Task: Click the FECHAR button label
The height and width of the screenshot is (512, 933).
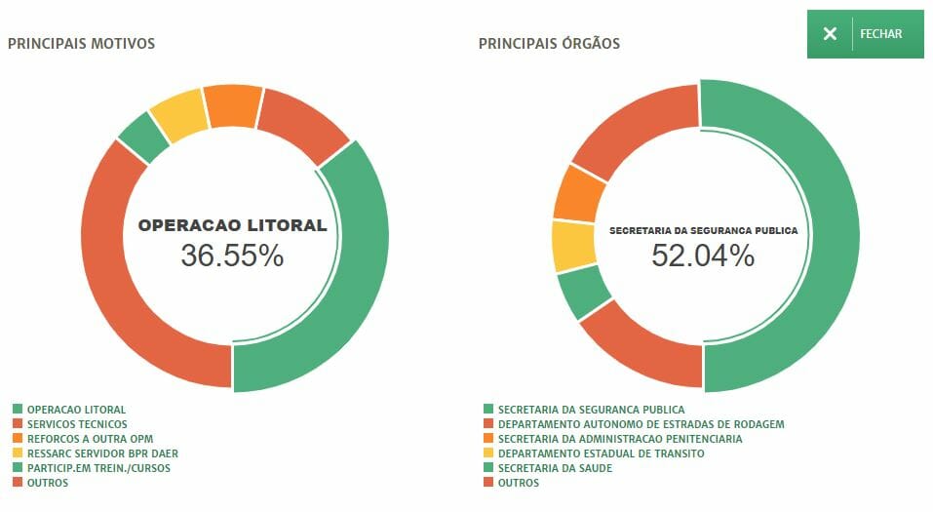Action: pos(880,34)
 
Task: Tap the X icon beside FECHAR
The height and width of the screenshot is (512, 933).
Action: pos(830,34)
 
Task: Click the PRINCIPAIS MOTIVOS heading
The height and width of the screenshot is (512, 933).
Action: pos(81,44)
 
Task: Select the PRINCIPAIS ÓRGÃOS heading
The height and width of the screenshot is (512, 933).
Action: pos(549,44)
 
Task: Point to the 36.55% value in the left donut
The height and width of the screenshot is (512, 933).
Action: pos(232,256)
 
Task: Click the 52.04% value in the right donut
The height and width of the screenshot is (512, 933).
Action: pos(703,256)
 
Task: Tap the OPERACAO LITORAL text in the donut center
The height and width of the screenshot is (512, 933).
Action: pos(232,225)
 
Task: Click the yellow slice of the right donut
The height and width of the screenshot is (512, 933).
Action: pos(572,246)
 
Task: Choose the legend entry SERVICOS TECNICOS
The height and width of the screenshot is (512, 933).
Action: pos(77,424)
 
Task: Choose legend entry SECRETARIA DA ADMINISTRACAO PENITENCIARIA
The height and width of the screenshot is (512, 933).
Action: pos(619,439)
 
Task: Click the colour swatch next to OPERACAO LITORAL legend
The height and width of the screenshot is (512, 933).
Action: pos(18,410)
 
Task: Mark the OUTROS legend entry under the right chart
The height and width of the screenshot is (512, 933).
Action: pos(518,483)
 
